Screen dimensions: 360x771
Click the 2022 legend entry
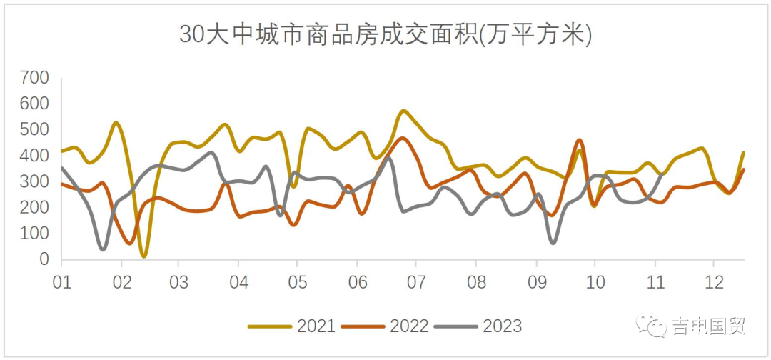(385, 326)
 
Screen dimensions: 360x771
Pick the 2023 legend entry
(479, 326)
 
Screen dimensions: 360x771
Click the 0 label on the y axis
(44, 260)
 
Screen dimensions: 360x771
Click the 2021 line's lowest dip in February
(144, 255)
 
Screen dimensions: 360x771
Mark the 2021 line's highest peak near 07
(404, 111)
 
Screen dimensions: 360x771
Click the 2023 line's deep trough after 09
(553, 243)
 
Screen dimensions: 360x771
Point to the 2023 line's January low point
(104, 249)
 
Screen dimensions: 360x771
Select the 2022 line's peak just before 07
(403, 138)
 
